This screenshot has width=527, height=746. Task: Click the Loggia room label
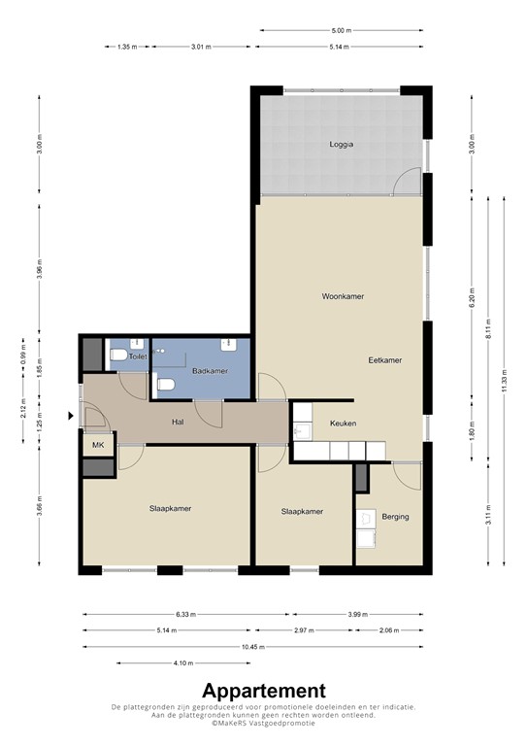341,144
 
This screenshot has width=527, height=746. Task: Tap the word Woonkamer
343,296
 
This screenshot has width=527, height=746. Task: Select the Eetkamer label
384,360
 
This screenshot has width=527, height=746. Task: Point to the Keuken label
343,424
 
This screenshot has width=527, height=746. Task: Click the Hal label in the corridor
178,423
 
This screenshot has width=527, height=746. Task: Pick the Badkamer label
210,371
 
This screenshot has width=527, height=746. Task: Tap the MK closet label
98,444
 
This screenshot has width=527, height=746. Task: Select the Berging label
395,517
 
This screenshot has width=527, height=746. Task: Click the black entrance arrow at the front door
70,417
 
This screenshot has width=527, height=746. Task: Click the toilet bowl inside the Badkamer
165,386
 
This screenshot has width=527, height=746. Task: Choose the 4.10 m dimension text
181,663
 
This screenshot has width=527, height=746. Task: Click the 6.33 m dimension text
183,614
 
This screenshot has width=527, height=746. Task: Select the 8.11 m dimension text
488,323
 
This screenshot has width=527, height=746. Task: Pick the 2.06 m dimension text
388,630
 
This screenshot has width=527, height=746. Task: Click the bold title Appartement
263,690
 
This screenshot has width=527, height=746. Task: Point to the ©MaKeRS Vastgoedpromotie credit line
263,722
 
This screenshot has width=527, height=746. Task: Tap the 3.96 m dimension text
39,269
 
